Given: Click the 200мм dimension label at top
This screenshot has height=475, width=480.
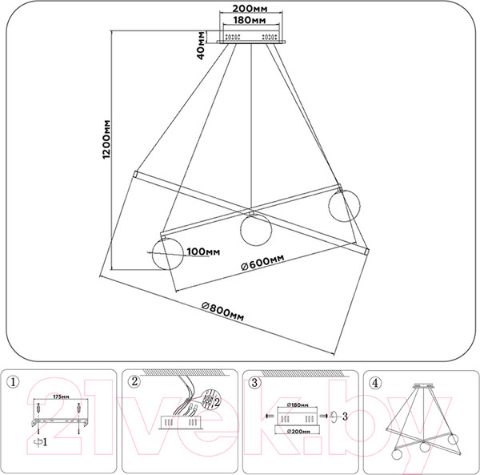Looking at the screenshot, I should click(245, 10).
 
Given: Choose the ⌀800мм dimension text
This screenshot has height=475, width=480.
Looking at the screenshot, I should click(222, 310).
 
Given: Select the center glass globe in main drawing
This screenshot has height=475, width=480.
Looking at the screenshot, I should click(255, 231).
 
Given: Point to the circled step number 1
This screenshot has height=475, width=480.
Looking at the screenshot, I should click(11, 381).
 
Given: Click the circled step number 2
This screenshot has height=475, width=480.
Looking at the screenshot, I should click(134, 381).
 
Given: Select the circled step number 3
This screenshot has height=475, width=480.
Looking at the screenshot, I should click(254, 381).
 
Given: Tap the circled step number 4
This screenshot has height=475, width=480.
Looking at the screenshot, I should click(373, 381).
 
